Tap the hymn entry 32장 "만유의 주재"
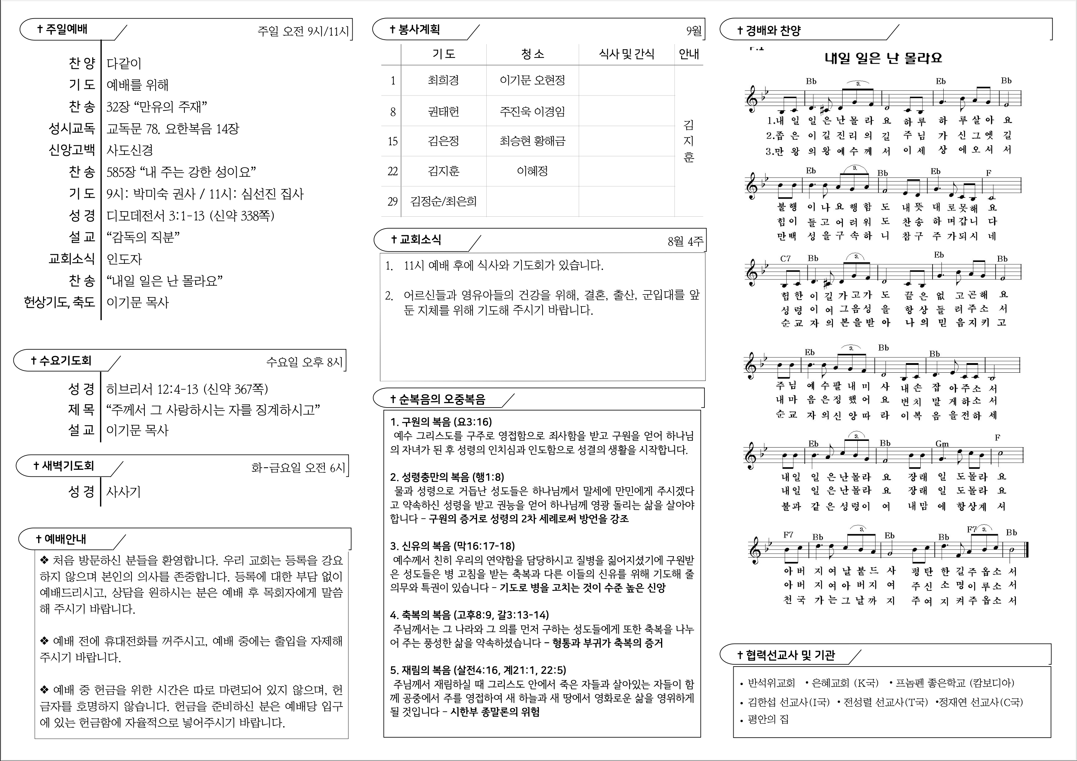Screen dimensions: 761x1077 click(157, 107)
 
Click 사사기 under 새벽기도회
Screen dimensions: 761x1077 click(123, 492)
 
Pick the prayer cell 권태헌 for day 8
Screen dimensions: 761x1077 click(443, 112)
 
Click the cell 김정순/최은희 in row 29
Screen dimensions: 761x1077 click(443, 201)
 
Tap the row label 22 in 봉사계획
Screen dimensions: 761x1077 click(392, 171)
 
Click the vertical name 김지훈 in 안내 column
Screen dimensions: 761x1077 click(688, 141)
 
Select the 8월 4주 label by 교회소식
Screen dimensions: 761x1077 click(685, 241)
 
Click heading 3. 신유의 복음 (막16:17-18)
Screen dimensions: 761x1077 click(452, 546)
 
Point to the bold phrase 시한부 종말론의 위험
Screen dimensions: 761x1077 click(495, 712)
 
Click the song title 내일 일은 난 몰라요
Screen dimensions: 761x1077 click(883, 58)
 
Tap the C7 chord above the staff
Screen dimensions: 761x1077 click(785, 259)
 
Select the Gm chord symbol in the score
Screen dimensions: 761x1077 click(942, 443)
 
